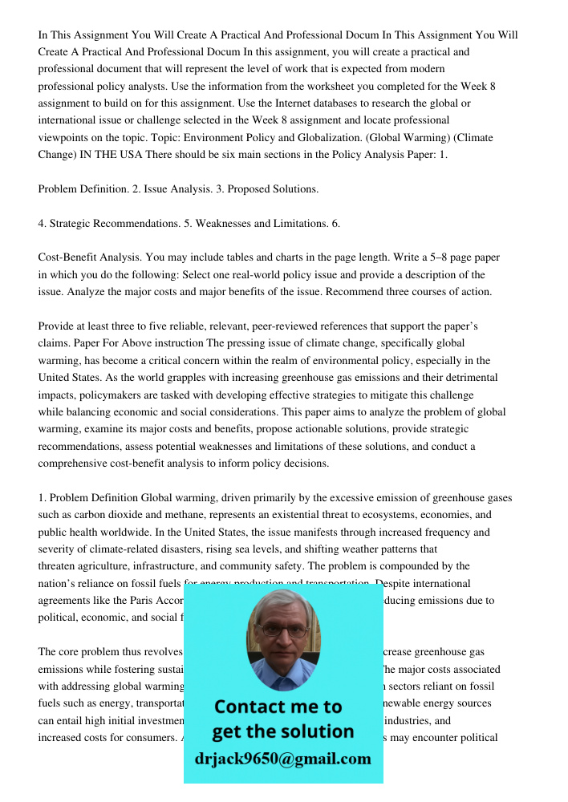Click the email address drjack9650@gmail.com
[282, 759]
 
